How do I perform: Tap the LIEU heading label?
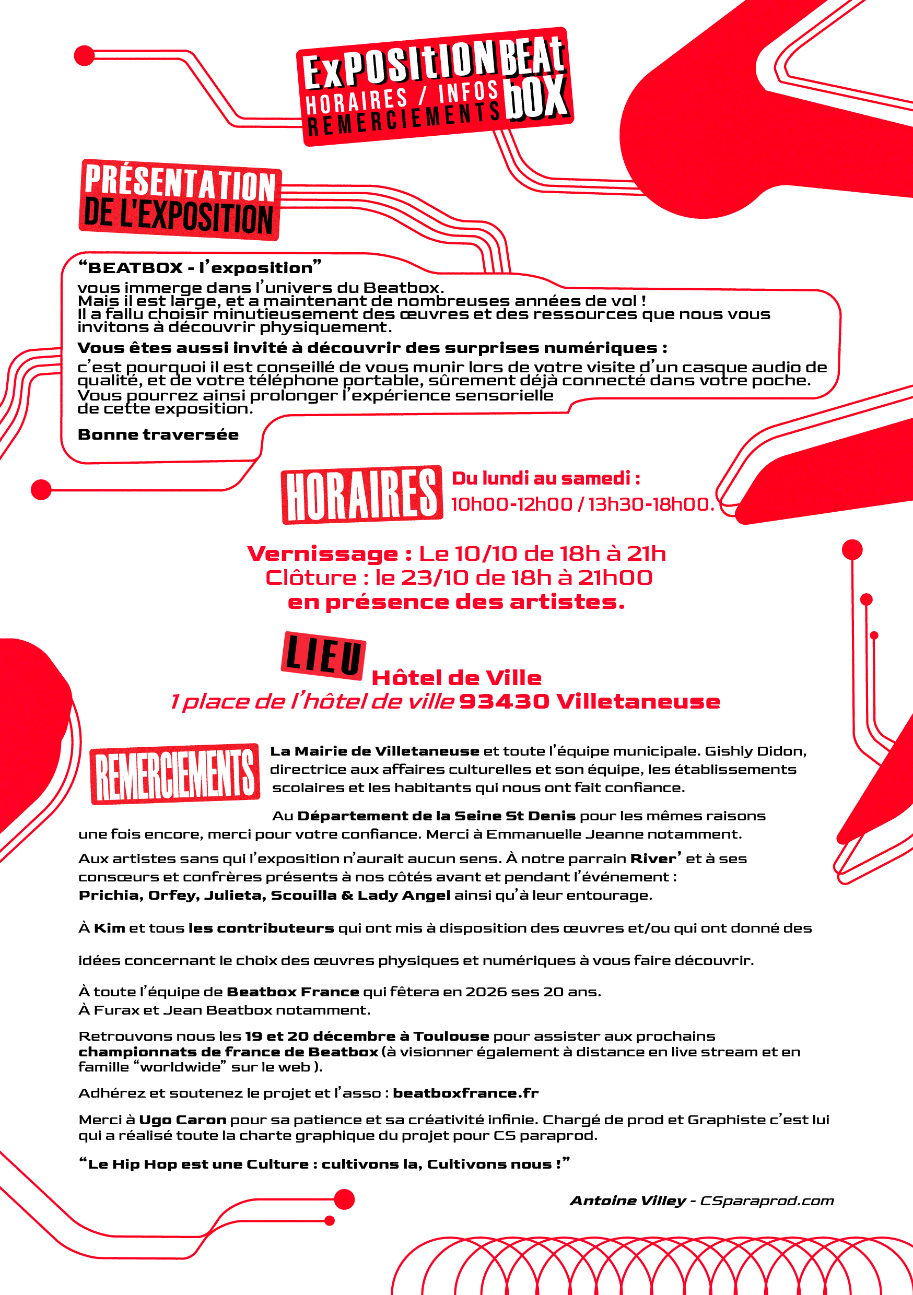[x=323, y=654]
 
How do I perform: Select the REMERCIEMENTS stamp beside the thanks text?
[x=175, y=773]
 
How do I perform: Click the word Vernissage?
[x=323, y=554]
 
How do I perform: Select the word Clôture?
[x=311, y=578]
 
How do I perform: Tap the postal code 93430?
[x=504, y=702]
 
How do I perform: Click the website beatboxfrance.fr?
[x=465, y=1093]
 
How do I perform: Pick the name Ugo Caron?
[x=182, y=1120]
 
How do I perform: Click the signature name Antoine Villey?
[x=627, y=1200]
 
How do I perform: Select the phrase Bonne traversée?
[x=158, y=434]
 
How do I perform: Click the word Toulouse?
[x=451, y=1036]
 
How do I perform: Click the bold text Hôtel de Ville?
[x=456, y=677]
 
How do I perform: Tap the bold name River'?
[x=655, y=858]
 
